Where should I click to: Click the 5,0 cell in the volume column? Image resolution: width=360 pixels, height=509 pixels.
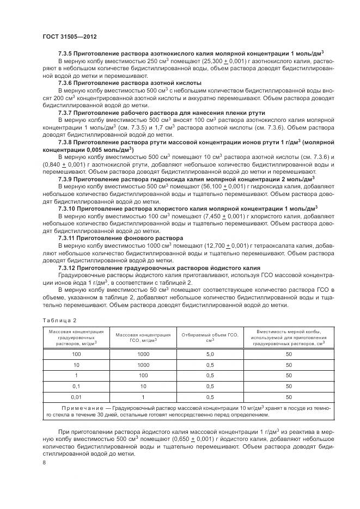coord(210,354)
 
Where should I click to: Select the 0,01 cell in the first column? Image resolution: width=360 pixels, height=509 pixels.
coord(76,397)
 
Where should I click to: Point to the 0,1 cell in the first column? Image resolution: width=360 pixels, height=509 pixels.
coord(76,387)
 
